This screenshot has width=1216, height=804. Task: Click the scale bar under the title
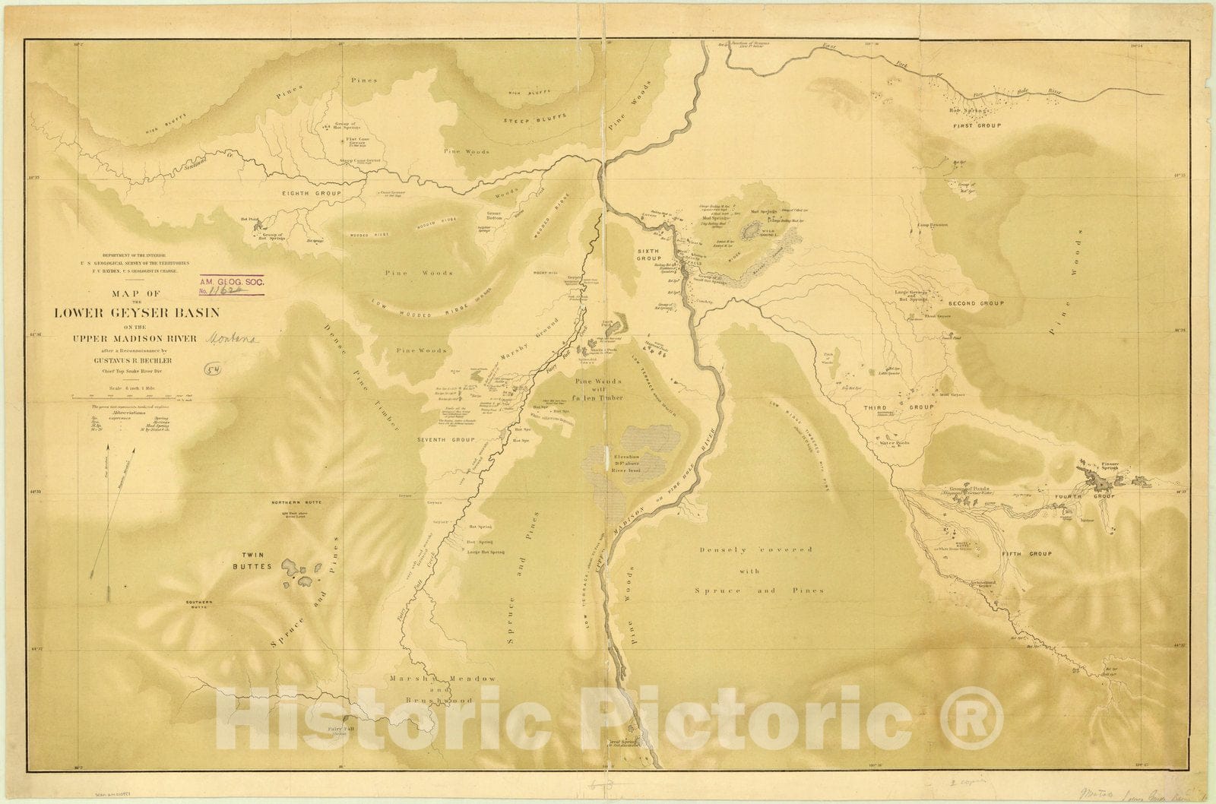[134, 396]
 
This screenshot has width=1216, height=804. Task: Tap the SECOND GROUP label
[976, 303]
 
